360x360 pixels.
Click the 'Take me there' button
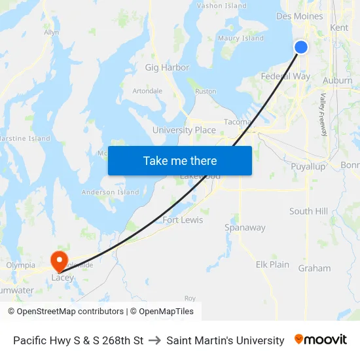[x=180, y=160]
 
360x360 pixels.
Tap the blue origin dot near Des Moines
[x=301, y=46]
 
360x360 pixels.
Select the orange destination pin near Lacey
[x=59, y=260]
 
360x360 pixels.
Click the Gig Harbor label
[x=167, y=67]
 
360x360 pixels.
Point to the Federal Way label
[x=285, y=76]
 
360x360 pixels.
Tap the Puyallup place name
[x=308, y=167]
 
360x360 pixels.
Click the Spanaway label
[x=245, y=228]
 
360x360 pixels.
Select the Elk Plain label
[x=272, y=264]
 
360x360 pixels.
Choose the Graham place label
[x=314, y=268]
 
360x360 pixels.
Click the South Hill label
[x=309, y=211]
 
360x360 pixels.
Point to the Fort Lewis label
[x=183, y=220]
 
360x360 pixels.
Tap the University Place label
[x=184, y=130]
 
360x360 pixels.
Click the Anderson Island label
[x=110, y=192]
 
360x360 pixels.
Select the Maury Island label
[x=241, y=39]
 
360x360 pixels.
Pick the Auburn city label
[x=337, y=81]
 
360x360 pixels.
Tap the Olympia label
[x=20, y=265]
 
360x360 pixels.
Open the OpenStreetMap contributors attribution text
[x=65, y=312]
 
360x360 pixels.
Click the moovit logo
[x=321, y=340]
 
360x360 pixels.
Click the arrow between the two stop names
[x=155, y=340]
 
